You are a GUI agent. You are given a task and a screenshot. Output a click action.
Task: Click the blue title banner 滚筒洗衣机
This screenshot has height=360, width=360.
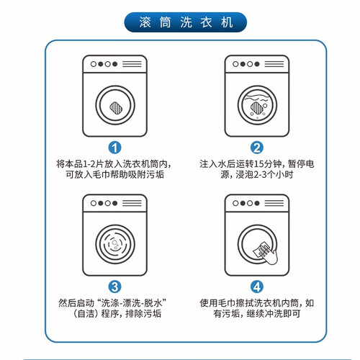pos(185,22)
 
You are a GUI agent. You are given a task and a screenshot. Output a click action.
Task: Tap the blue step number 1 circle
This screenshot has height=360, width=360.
pos(114,148)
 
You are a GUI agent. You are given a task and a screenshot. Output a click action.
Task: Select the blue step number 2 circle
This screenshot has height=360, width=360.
pos(257,148)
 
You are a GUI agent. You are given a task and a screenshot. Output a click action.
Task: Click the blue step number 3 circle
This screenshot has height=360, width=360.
pos(114,287)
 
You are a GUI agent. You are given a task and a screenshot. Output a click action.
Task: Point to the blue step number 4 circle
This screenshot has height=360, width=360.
pos(257,287)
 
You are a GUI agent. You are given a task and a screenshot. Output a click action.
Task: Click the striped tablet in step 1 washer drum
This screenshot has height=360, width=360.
pos(116,108)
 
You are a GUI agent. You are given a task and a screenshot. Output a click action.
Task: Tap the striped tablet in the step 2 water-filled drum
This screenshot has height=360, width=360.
pos(257,108)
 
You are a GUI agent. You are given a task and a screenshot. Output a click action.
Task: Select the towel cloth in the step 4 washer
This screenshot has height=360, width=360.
pos(262,250)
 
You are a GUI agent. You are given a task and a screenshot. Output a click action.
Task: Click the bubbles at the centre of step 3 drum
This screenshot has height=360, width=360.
pos(115,245)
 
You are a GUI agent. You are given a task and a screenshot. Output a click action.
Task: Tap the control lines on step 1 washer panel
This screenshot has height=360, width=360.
pos(132,64)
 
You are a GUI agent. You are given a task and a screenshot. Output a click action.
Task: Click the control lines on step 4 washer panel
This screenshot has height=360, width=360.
pos(274,203)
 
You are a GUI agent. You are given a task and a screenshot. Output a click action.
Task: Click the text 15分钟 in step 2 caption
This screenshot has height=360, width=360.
pos(268,164)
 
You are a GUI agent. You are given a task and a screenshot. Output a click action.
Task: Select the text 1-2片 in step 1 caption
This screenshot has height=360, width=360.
pos(94,164)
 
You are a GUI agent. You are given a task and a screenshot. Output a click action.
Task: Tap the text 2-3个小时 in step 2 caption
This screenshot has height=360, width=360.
pos(274,174)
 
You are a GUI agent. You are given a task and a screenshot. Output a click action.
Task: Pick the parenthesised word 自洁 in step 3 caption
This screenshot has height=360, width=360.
pos(85,314)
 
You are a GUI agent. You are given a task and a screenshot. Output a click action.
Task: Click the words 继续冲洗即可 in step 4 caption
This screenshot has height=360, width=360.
pos(274,314)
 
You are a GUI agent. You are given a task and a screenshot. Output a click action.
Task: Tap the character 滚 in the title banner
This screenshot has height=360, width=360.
pos(145,22)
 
